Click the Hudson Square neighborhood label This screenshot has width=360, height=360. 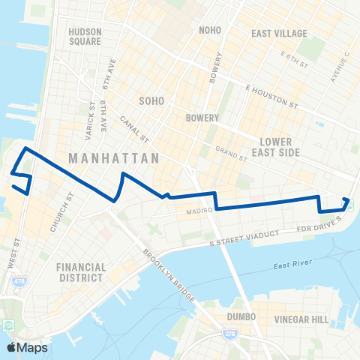click(x=84, y=37)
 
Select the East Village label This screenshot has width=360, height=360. click(x=279, y=34)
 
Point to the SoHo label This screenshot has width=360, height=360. click(x=151, y=100)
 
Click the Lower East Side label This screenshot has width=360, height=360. click(x=280, y=146)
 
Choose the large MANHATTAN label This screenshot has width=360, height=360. click(x=113, y=159)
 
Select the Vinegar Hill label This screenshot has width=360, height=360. click(x=301, y=319)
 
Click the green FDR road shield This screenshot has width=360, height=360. click(x=9, y=325)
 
